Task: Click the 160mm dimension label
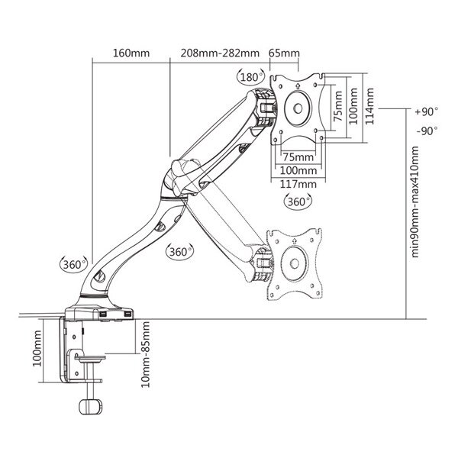(131, 53)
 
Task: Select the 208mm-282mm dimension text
(220, 53)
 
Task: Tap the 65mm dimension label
(284, 53)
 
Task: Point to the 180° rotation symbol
(250, 77)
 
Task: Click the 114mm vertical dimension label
(369, 106)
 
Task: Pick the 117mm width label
(298, 184)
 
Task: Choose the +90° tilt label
(427, 111)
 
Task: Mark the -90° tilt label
(427, 131)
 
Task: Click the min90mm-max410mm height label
(414, 202)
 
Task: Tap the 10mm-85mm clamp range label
(146, 355)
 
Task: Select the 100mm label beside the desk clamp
(37, 349)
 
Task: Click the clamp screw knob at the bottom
(91, 406)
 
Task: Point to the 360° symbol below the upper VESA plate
(298, 202)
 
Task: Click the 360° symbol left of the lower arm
(73, 264)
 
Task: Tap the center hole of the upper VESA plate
(298, 108)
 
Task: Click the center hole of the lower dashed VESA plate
(294, 263)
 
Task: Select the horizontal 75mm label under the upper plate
(298, 157)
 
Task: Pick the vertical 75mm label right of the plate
(338, 106)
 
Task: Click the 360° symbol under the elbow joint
(179, 251)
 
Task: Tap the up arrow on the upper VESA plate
(298, 85)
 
